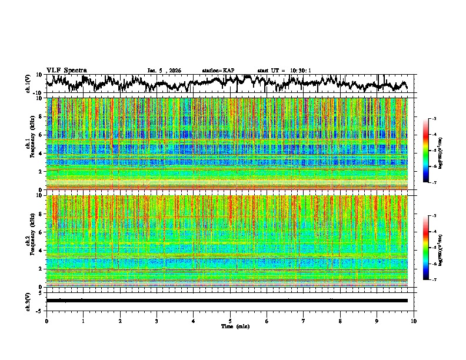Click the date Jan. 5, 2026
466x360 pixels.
[x=164, y=71]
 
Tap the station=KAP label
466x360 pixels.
[x=218, y=71]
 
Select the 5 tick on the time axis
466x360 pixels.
[x=230, y=321]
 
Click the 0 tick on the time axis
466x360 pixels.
[x=46, y=321]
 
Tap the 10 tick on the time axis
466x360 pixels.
[x=414, y=321]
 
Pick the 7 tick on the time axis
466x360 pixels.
[x=304, y=321]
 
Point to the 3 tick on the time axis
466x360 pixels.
[x=157, y=321]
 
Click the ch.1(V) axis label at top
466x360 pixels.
[x=28, y=84]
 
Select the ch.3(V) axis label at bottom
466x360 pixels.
[x=28, y=300]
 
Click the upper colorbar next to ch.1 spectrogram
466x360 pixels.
[x=426, y=151]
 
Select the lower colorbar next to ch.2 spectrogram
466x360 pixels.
[x=426, y=248]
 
